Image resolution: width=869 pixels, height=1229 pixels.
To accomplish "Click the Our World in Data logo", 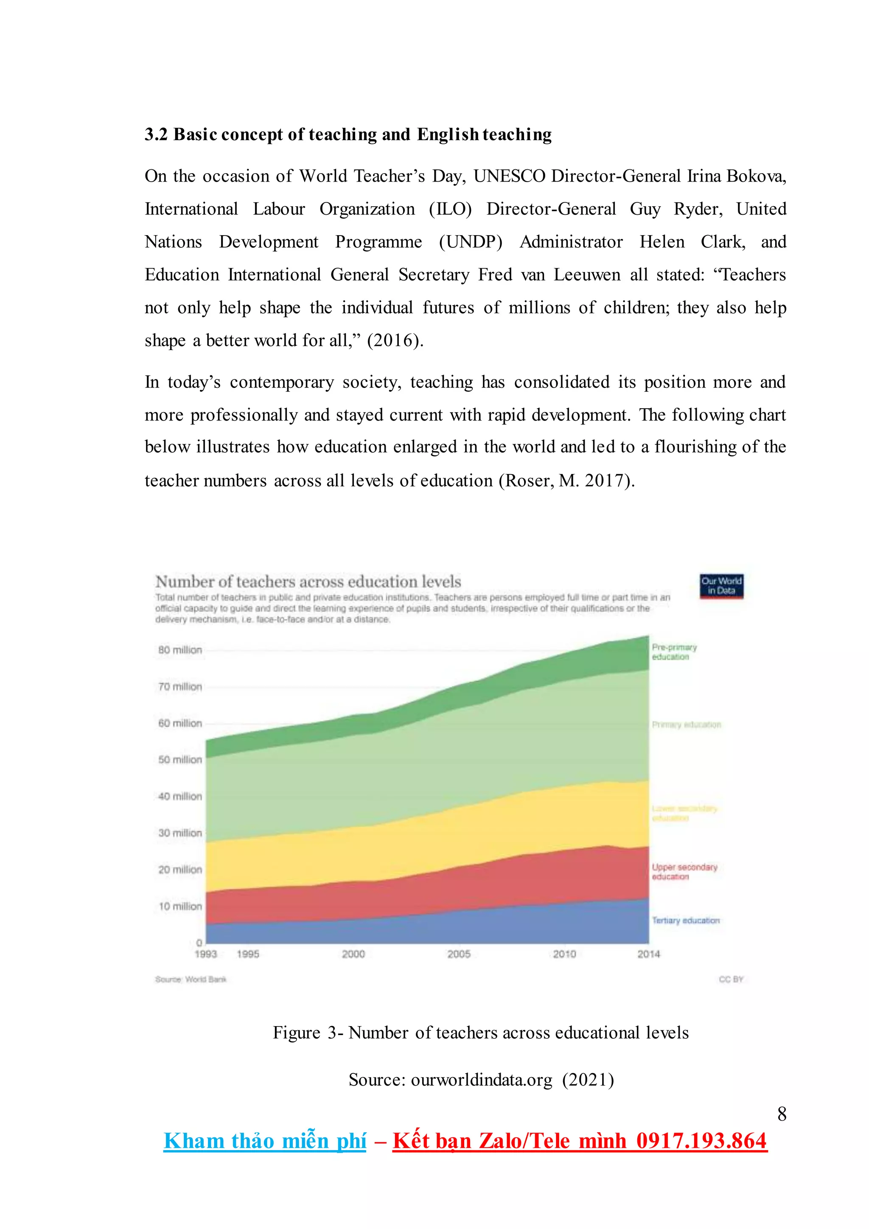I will (x=721, y=586).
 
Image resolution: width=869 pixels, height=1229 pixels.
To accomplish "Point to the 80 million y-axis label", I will (x=180, y=650).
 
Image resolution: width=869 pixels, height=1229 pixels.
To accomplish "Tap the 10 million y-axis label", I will (x=180, y=906).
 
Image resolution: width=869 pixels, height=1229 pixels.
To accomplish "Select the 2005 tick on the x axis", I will (x=459, y=954).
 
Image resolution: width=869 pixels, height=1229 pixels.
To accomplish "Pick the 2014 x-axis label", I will (x=648, y=954).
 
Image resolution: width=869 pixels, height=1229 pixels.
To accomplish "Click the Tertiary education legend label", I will (x=685, y=920).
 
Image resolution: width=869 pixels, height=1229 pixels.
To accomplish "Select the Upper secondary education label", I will (x=684, y=871).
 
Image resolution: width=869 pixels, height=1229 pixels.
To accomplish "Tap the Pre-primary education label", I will (x=674, y=651).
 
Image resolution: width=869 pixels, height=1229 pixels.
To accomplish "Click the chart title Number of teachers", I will (x=308, y=581).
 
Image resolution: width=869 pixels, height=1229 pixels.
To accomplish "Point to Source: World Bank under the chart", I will (x=191, y=979).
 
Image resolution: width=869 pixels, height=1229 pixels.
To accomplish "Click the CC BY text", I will (x=731, y=979).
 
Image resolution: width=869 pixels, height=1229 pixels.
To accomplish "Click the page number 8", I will (x=782, y=1114).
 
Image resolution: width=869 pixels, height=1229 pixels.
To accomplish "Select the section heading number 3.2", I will (x=156, y=135).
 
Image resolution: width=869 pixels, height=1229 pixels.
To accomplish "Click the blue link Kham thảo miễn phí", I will (x=265, y=1141).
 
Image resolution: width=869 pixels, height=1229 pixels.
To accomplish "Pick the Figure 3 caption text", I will (x=480, y=1032).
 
